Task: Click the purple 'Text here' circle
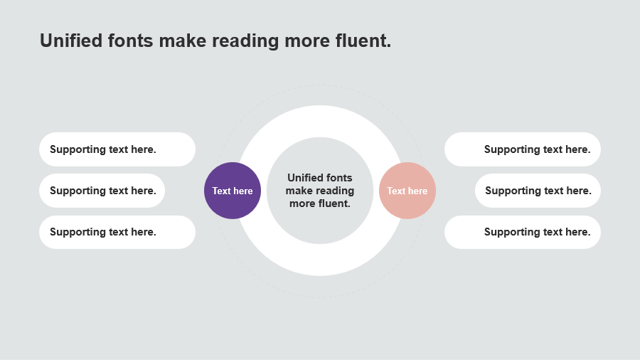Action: (x=233, y=191)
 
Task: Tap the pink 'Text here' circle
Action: (x=407, y=191)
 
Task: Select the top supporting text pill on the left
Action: (x=117, y=149)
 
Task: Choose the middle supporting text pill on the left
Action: (x=102, y=191)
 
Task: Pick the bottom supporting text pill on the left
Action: (x=117, y=232)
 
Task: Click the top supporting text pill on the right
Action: (x=523, y=149)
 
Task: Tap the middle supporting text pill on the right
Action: (x=538, y=191)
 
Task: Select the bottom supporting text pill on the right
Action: (x=523, y=232)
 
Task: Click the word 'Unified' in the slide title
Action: (x=71, y=41)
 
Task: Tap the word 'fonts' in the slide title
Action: (x=131, y=41)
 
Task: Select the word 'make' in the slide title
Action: (x=183, y=41)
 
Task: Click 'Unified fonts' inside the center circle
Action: (x=319, y=178)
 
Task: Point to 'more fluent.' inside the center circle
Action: (x=320, y=203)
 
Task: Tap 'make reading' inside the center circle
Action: (x=320, y=191)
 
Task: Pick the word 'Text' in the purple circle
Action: (x=222, y=191)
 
